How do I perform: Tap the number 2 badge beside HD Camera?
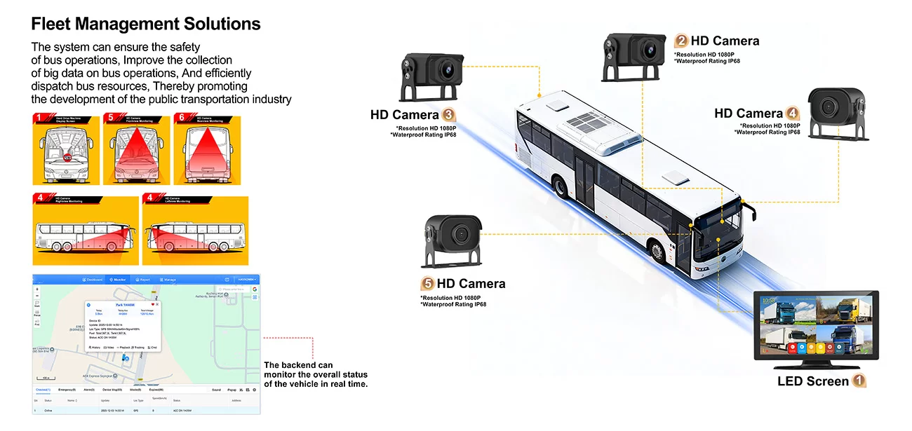(680, 41)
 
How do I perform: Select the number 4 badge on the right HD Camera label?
(792, 114)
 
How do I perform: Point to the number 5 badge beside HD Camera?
(427, 284)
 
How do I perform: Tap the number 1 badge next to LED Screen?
(859, 382)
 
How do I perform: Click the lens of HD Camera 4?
(830, 107)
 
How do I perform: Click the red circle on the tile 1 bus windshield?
(68, 156)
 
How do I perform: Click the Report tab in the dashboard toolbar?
(142, 280)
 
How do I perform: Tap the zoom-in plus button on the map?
(37, 289)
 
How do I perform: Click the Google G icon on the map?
(255, 289)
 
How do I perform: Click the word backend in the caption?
(301, 365)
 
